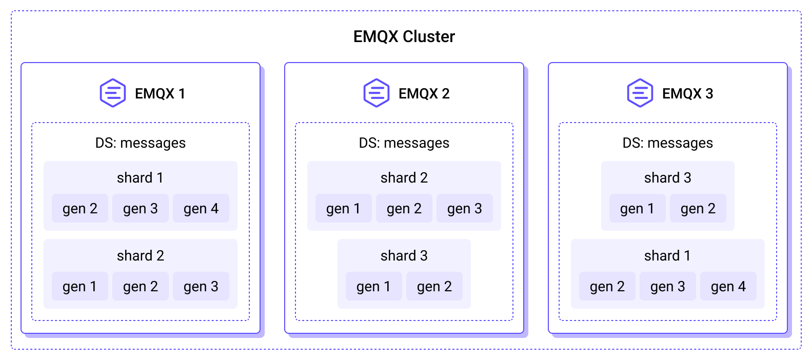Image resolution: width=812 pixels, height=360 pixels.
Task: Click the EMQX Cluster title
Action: click(404, 36)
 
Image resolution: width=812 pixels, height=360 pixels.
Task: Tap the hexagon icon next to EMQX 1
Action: click(113, 93)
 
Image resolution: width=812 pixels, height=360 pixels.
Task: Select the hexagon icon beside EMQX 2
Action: click(377, 93)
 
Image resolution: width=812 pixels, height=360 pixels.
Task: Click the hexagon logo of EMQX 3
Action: click(640, 93)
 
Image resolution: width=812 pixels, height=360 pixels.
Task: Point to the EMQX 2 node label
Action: click(424, 93)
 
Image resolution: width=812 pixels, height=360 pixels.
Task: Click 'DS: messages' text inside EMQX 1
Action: click(141, 143)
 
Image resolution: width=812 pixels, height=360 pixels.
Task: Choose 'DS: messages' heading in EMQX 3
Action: click(667, 143)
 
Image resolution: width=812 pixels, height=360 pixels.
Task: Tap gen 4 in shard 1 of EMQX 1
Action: click(201, 208)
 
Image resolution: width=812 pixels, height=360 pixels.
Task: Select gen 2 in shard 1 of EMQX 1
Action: click(80, 208)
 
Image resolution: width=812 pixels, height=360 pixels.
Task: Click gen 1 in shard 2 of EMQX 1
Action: click(80, 286)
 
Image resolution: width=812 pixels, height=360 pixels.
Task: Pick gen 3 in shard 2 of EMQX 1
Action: click(201, 286)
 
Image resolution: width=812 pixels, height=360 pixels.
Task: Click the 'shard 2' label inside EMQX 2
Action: click(404, 177)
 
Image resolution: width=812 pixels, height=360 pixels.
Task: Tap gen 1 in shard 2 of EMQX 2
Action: click(343, 208)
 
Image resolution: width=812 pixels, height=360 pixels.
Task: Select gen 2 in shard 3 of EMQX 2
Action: click(434, 286)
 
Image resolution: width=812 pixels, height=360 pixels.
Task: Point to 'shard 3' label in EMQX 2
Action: click(404, 255)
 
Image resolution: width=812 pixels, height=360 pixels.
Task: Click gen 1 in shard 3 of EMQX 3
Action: click(637, 208)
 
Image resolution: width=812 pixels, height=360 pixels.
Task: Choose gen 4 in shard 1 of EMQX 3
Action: click(728, 286)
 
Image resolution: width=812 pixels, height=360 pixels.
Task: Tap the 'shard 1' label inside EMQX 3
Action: click(667, 255)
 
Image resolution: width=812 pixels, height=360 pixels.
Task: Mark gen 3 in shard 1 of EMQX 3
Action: click(667, 286)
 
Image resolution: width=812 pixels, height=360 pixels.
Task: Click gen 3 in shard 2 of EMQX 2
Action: click(465, 208)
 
